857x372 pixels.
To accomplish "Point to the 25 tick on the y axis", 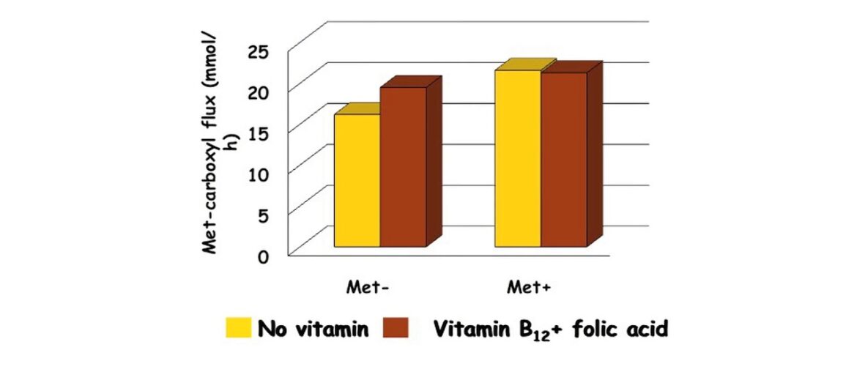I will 261,51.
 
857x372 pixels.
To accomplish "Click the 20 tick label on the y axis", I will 261,92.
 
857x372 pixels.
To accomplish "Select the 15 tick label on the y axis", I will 261,133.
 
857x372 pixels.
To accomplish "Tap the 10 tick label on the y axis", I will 261,174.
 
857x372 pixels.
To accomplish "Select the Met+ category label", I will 529,287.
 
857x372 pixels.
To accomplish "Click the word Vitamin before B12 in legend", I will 474,329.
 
